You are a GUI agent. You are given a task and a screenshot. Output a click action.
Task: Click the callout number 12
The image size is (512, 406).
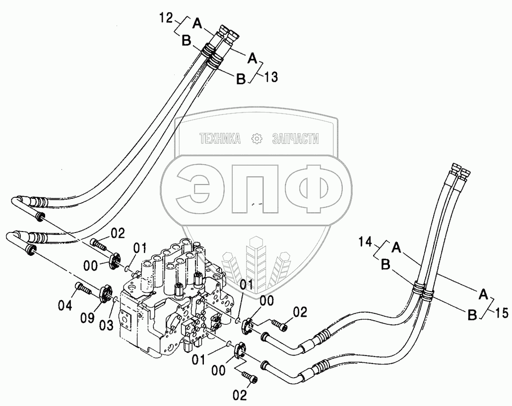click(x=166, y=19)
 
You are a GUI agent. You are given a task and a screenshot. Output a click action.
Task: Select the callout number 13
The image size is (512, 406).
click(x=271, y=77)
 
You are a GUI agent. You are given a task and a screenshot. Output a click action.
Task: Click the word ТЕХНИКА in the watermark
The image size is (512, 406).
click(x=219, y=139)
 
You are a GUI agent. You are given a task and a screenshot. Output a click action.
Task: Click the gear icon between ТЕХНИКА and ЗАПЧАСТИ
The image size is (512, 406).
click(x=257, y=139)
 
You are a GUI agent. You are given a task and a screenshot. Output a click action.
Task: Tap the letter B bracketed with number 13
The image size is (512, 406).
click(x=241, y=79)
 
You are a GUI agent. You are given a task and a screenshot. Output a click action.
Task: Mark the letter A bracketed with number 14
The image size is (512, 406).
click(x=397, y=245)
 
